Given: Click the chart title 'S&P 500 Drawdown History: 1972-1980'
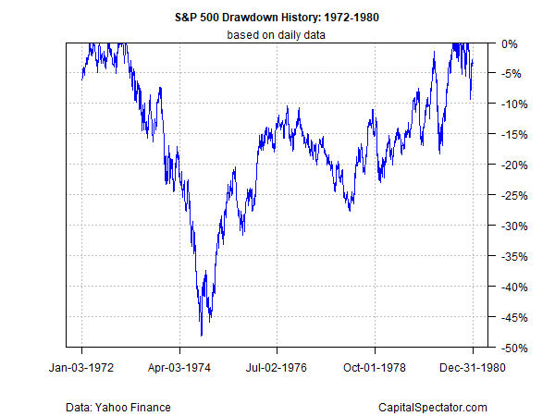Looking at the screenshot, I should tap(277, 17).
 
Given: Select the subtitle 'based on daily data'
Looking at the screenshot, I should tap(277, 35).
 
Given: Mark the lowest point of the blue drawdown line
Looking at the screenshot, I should tap(201, 336).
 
